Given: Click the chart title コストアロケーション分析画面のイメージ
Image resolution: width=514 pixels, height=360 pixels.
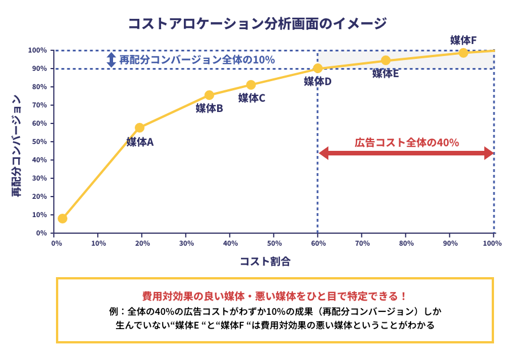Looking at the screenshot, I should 257,24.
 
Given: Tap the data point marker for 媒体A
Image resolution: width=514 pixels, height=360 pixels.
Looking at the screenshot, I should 139,127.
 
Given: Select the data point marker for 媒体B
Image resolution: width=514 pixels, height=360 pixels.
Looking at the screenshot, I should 209,95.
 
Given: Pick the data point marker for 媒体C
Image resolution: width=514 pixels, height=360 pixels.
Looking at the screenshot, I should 251,85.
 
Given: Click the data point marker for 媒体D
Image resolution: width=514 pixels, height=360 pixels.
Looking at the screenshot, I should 318,69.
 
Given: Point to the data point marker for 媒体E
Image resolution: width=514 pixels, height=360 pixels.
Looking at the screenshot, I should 385,61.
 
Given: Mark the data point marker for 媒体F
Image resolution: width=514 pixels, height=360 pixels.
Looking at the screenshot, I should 463,53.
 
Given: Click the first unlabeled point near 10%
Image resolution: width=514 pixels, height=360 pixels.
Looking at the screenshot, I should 62,218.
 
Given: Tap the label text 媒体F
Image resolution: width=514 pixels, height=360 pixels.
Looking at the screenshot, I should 463,40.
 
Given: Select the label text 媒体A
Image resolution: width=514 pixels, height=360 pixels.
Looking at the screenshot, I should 140,142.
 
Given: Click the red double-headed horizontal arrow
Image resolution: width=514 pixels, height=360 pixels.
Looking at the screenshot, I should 406,153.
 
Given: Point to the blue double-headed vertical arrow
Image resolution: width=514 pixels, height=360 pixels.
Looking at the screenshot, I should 111,59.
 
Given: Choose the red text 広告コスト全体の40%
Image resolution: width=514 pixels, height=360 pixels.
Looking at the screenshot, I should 407,142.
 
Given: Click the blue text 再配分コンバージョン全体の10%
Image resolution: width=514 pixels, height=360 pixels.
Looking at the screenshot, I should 197,59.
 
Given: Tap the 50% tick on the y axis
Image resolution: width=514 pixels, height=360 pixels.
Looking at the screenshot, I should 41,142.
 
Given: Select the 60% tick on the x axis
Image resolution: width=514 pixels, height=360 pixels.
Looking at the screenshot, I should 318,243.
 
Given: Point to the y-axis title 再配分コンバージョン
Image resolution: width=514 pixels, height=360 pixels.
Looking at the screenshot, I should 17,146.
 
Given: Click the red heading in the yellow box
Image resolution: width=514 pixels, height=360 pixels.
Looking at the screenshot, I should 275,296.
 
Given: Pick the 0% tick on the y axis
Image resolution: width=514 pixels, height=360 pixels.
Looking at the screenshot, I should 42,233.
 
